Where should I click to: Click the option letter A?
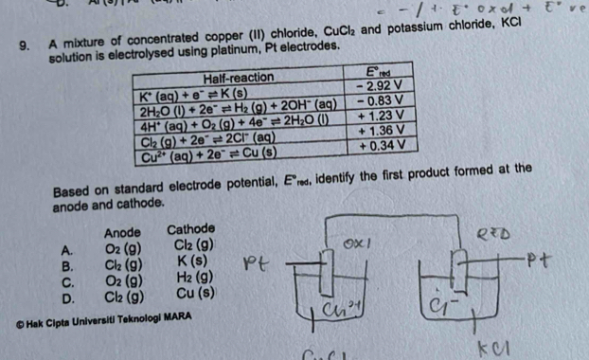[x=66, y=249]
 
